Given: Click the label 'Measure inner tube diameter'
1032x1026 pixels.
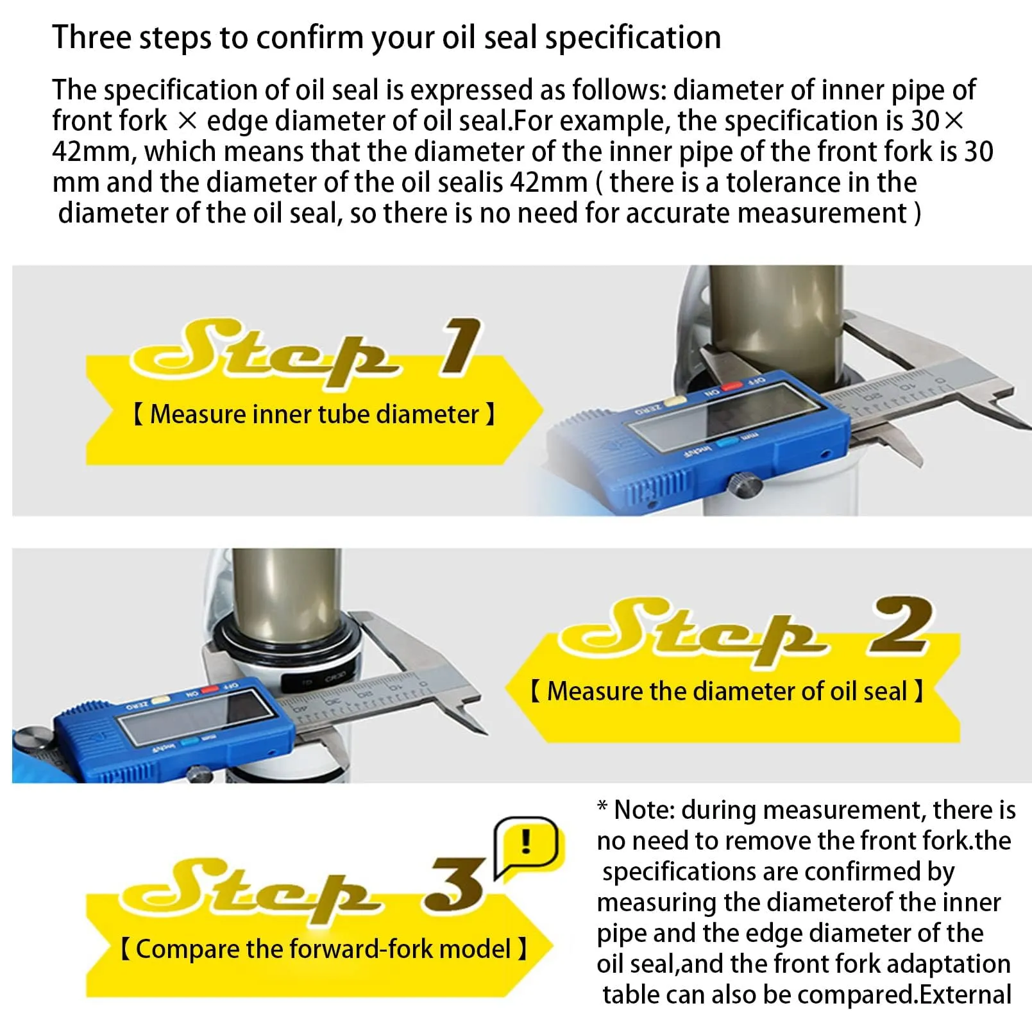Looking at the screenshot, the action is (314, 414).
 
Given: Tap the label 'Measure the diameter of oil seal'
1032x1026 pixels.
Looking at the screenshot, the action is (727, 691).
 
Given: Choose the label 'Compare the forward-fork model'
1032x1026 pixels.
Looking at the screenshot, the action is (323, 949).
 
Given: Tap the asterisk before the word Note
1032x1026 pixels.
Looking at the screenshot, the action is (602, 805).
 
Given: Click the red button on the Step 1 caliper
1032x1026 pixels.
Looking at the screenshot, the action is (730, 388).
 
